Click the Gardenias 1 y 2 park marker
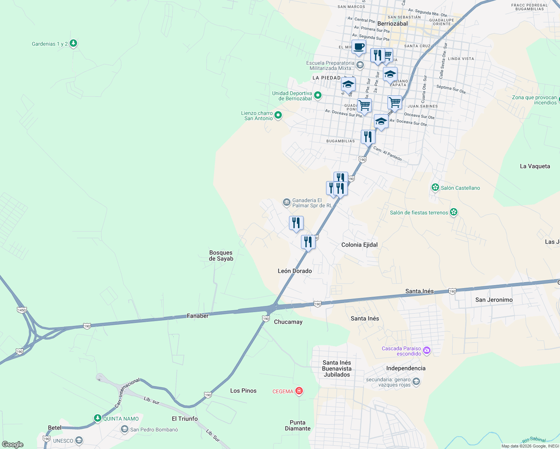[73, 44]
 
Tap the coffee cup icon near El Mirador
[359, 47]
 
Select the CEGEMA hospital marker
[299, 391]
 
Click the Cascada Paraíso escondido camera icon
[427, 351]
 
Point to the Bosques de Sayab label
[221, 256]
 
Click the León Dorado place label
[295, 271]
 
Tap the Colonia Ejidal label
[359, 245]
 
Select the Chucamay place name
[288, 322]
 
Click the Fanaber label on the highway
[198, 316]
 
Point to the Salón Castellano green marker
[435, 187]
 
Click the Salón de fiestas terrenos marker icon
[454, 213]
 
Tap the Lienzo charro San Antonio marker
[278, 116]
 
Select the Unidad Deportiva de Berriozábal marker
[318, 96]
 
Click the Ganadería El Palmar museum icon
[286, 203]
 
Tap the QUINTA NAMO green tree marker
[98, 418]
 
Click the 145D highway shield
[22, 310]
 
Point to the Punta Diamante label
[298, 425]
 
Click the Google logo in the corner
[13, 444]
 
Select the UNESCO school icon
[79, 440]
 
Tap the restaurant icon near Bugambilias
[368, 137]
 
